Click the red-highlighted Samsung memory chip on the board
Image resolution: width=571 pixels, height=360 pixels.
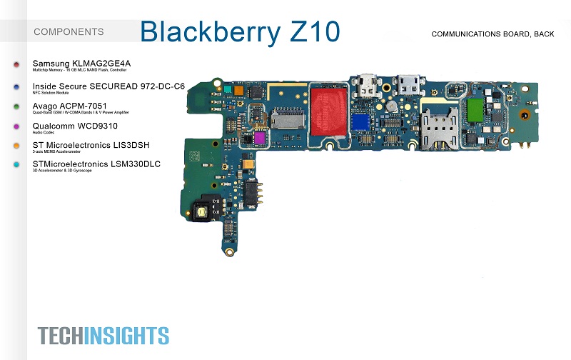328,107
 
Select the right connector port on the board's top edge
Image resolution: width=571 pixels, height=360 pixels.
410,84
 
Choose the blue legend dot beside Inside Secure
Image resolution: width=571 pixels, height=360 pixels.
16,86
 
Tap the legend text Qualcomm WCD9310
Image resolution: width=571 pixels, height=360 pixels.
76,126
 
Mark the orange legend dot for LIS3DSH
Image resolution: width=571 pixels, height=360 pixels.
16,146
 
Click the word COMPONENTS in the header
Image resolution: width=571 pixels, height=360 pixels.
69,31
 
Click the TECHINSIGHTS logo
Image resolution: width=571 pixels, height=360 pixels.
103,335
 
